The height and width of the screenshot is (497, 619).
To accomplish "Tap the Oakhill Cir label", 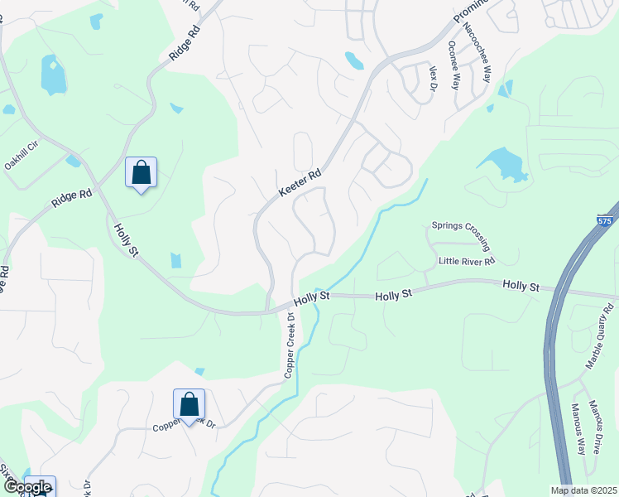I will tap(22, 154).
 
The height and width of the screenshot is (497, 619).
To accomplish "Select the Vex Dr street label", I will tap(432, 79).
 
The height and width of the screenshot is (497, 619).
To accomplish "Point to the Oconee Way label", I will tap(453, 64).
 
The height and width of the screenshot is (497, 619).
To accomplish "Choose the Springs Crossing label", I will tap(461, 235).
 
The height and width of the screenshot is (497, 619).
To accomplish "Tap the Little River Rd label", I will tap(466, 262).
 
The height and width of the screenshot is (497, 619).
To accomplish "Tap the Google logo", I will tap(26, 487).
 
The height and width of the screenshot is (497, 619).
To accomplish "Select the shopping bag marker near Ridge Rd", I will tap(142, 174).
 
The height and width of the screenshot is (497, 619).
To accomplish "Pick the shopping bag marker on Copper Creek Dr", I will tap(190, 405).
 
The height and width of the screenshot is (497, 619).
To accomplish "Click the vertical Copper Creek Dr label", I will tap(290, 345).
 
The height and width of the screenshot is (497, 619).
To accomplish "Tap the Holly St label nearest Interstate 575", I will tap(521, 286).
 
